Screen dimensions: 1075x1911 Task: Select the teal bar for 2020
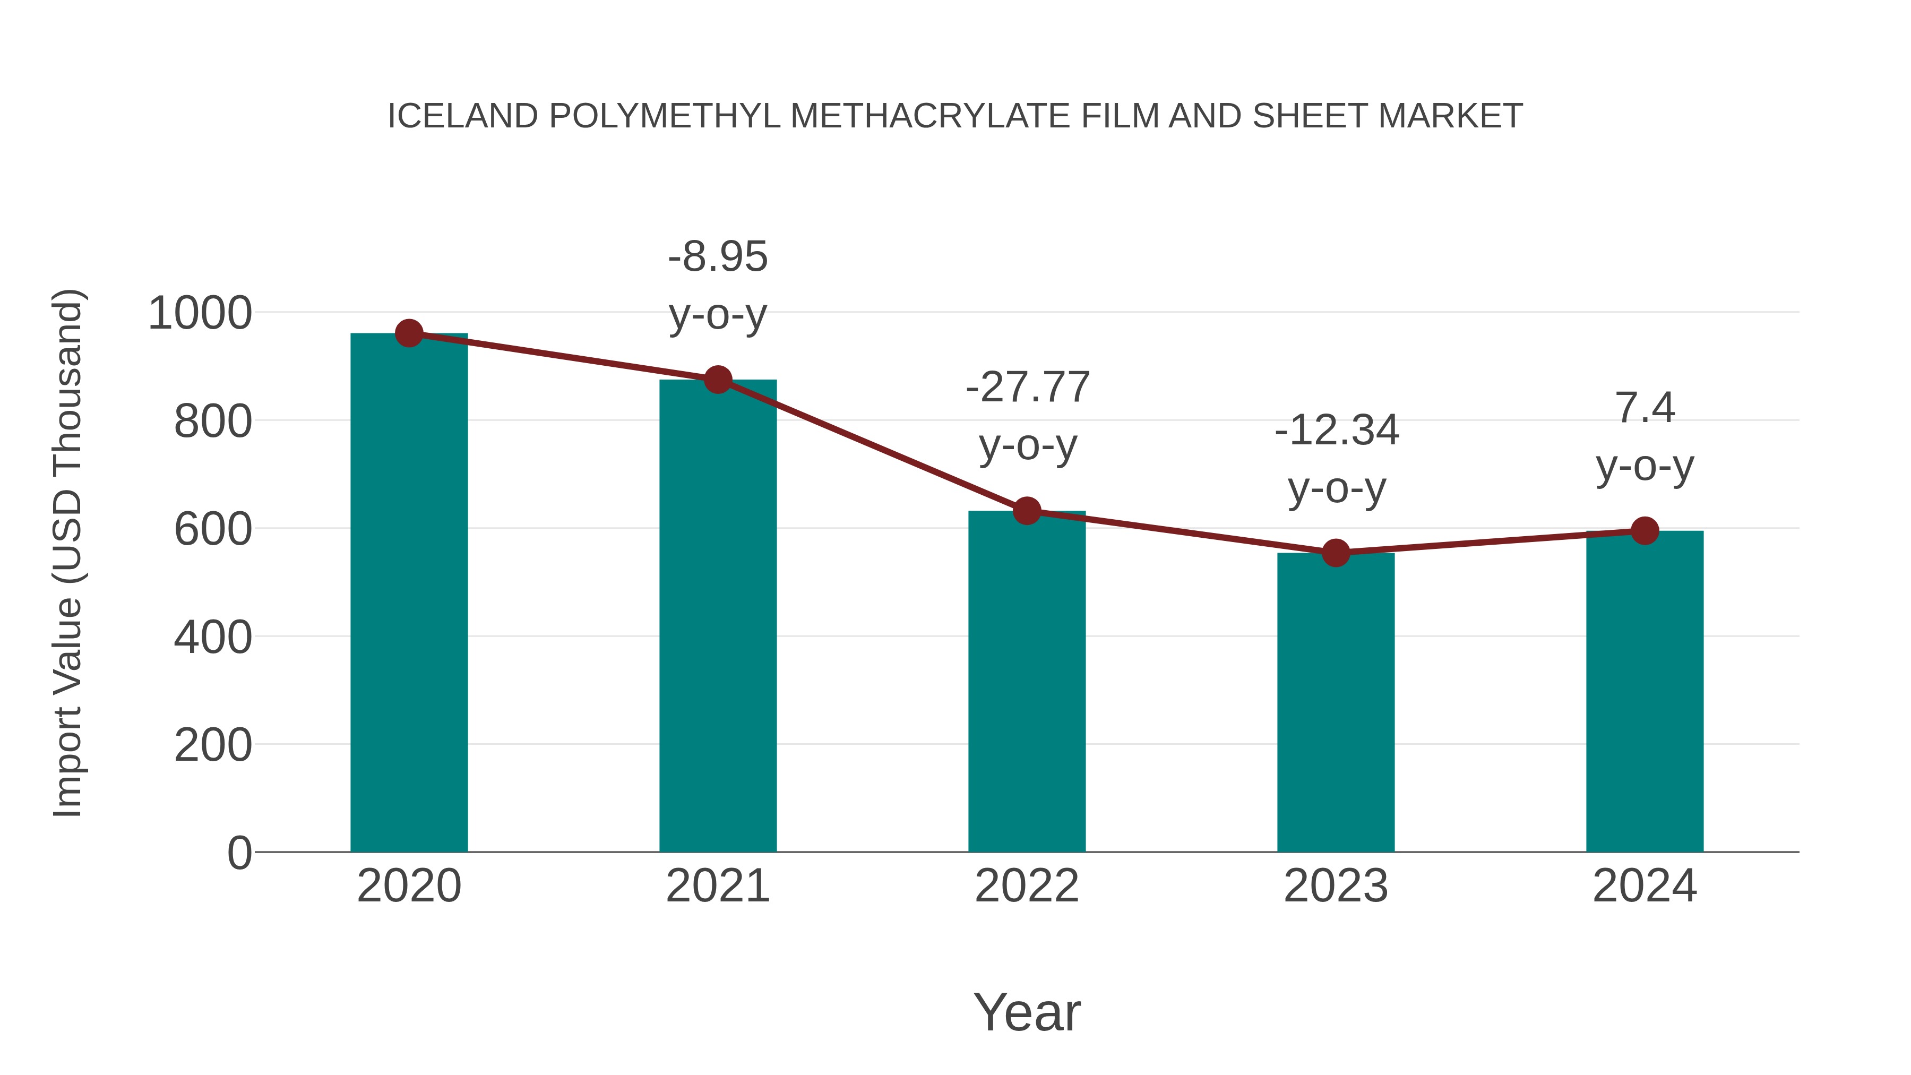(x=409, y=594)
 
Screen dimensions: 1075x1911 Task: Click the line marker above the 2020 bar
(x=409, y=334)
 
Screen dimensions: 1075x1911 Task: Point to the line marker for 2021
(x=717, y=380)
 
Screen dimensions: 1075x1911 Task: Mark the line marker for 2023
(x=1336, y=553)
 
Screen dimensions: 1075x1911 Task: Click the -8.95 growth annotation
(x=717, y=257)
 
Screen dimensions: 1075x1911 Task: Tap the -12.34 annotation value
(x=1336, y=431)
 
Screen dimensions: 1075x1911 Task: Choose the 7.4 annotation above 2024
(x=1645, y=408)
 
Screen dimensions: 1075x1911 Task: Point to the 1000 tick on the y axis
(x=200, y=313)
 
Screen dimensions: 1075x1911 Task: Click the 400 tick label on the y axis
(x=213, y=637)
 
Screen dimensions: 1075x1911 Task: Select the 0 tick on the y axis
(x=239, y=853)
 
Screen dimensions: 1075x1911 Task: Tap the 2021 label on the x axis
(x=717, y=886)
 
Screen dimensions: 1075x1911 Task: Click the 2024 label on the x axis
(x=1645, y=886)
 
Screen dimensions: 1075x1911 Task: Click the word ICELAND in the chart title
(x=463, y=116)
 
